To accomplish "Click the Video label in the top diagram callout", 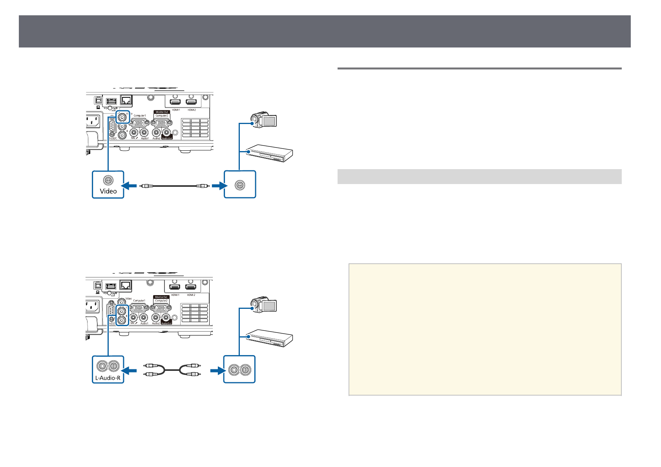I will pos(108,191).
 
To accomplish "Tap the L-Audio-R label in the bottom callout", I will pos(108,378).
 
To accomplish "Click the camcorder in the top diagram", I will pos(264,120).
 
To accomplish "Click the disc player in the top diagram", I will pos(270,153).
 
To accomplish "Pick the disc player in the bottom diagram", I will pos(270,338).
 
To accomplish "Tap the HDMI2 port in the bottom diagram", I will pos(191,287).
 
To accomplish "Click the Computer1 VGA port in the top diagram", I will pos(140,122).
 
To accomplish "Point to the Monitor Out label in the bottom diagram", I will pos(161,297).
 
